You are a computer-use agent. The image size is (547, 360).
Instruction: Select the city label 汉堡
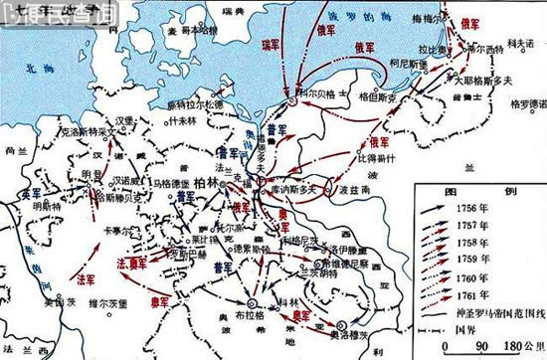[124, 120]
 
